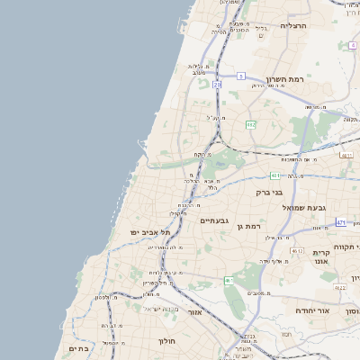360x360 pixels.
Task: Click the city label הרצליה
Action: click(293, 26)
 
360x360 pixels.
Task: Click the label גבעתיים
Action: click(215, 220)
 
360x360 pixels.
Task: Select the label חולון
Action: click(167, 341)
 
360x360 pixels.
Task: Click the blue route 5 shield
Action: click(241, 76)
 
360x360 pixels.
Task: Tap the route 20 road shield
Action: click(217, 85)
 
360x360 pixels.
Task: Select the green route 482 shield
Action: click(251, 124)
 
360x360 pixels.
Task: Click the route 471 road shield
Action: click(341, 221)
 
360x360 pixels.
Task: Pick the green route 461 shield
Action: click(229, 281)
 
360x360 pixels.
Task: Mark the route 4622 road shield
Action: click(338, 288)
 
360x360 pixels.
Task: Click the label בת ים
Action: click(77, 347)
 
